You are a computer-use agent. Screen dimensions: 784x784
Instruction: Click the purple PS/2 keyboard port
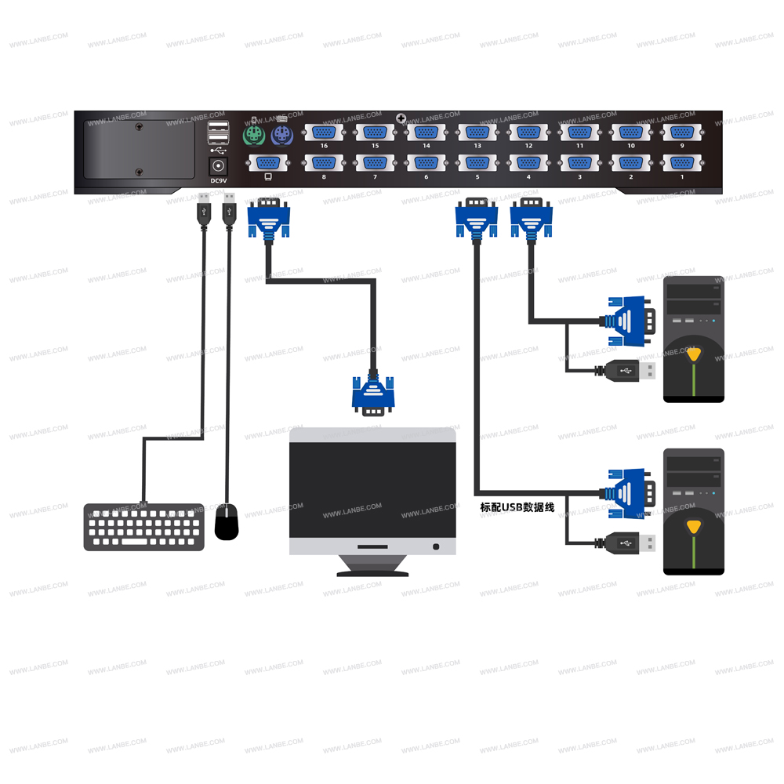tap(280, 136)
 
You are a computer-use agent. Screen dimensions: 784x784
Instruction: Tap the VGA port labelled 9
tap(681, 132)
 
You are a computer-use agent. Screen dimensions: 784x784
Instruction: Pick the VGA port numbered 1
tap(681, 163)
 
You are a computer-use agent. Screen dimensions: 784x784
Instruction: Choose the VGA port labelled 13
tap(477, 132)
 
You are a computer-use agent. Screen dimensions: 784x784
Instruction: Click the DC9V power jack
tap(218, 165)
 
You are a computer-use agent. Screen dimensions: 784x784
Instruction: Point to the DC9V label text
tap(218, 181)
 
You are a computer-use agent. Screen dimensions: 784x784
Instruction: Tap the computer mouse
tap(227, 522)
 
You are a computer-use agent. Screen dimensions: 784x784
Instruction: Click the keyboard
tap(144, 527)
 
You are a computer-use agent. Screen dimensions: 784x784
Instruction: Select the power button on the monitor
tap(436, 546)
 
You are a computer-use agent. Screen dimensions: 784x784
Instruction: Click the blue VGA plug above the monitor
tap(373, 394)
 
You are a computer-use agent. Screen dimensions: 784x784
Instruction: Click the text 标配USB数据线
tap(517, 507)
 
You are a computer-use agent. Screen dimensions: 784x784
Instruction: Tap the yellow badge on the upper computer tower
tap(693, 354)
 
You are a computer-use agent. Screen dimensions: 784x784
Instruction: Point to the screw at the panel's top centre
tap(401, 118)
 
